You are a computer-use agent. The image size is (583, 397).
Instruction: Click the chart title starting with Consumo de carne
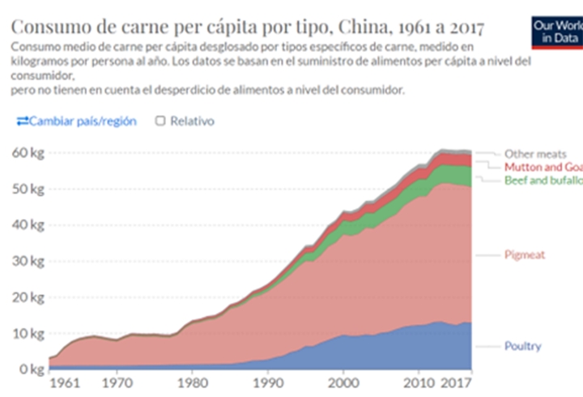point(248,27)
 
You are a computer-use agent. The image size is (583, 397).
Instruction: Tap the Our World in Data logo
point(556,31)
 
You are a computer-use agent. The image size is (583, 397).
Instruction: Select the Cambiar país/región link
point(77,121)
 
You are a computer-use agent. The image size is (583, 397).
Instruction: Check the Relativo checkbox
point(160,121)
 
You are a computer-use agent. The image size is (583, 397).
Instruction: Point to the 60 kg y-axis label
point(26,152)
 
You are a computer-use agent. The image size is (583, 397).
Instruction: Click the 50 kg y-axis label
point(26,189)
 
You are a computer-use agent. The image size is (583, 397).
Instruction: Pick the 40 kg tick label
point(26,224)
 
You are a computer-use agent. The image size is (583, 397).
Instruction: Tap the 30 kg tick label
point(26,261)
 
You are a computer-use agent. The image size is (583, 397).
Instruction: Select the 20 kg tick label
point(26,297)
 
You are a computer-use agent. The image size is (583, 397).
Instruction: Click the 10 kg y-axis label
point(26,333)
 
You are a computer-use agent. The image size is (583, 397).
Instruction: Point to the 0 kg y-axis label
point(29,369)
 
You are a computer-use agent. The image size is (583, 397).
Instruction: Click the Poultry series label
point(522,347)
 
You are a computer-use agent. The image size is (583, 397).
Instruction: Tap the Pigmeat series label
point(525,254)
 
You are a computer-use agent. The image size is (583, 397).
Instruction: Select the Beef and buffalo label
point(543,180)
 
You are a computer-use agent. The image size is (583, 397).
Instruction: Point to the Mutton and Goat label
point(543,167)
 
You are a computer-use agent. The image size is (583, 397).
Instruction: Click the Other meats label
point(535,154)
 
